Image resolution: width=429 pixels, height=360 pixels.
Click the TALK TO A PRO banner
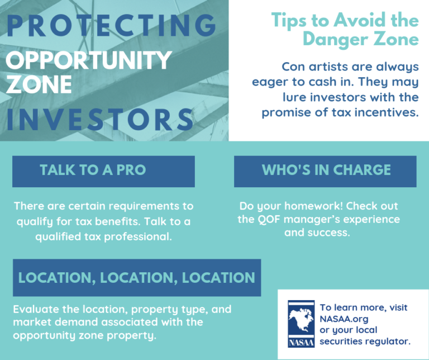103,170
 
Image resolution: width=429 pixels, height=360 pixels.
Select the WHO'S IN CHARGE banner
326,170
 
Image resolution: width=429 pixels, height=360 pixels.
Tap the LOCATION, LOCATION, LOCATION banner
136,277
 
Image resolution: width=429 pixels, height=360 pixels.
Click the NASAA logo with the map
301,324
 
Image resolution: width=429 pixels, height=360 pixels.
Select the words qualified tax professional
103,236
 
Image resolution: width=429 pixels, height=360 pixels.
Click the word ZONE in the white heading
39,85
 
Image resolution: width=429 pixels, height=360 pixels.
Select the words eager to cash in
317,82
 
